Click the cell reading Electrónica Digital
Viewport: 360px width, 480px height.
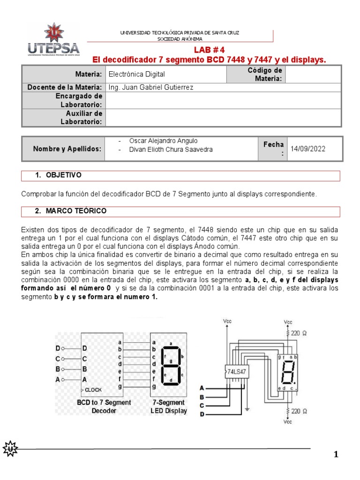[136, 74]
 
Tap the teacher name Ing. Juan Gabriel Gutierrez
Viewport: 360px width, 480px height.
[150, 87]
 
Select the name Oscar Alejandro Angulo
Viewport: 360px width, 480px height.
[163, 141]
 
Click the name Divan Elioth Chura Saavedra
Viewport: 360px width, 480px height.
[171, 150]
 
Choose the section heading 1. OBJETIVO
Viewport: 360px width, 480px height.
[59, 175]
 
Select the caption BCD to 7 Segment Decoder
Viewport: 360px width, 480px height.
[104, 406]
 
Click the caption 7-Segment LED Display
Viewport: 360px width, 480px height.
[168, 406]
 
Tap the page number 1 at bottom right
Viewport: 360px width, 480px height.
[336, 454]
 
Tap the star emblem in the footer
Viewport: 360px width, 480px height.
[10, 449]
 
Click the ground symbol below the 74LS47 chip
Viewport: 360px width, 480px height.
[247, 409]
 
